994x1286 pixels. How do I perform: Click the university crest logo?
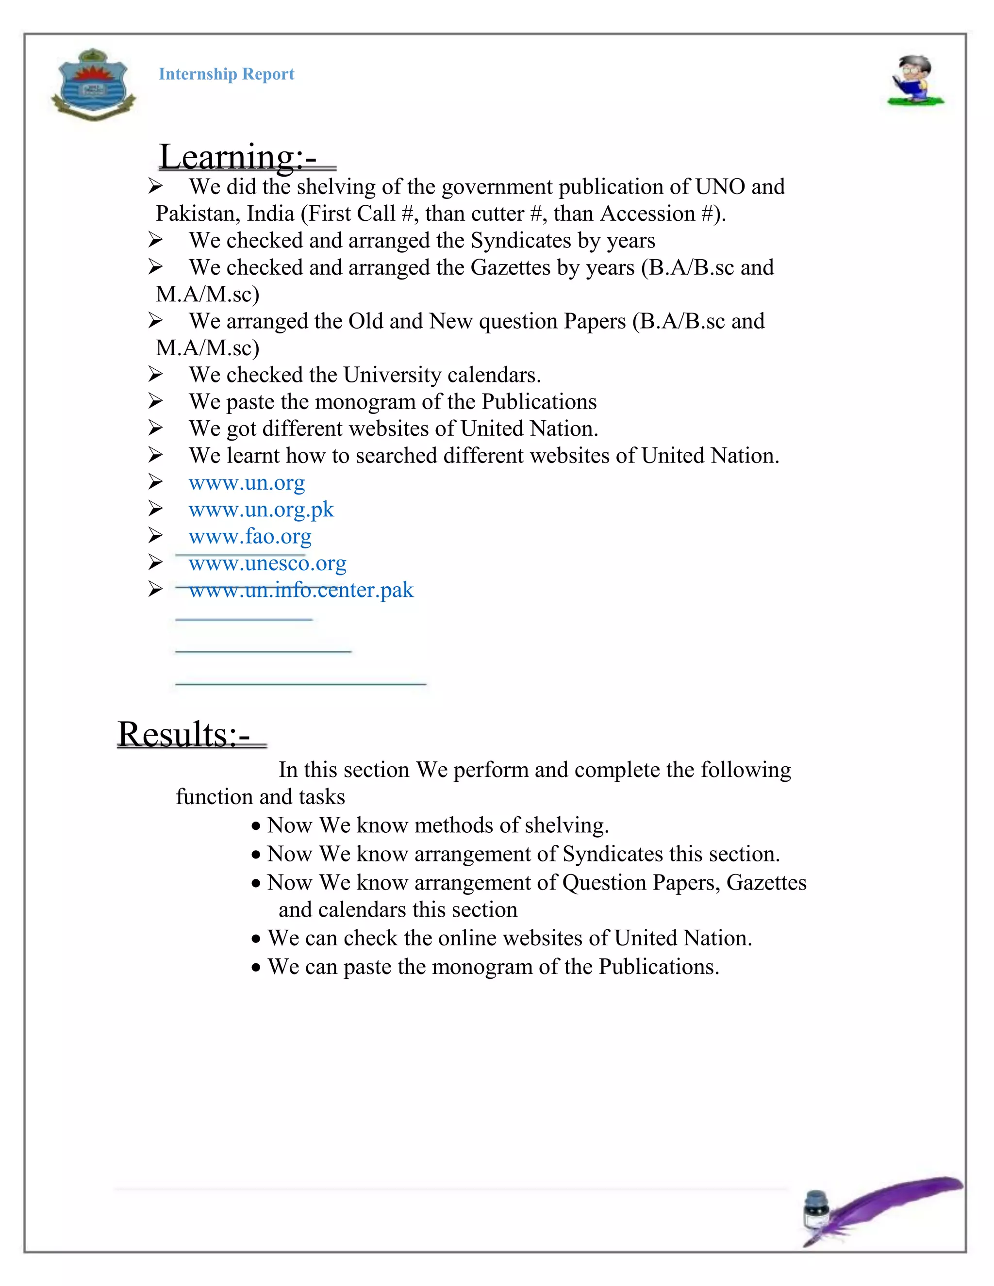93,84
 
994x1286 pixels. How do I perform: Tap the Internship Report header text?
226,74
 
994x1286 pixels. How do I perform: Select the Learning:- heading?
238,157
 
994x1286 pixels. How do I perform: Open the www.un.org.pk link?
261,510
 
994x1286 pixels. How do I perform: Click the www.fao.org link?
249,536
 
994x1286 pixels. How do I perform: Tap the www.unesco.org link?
267,563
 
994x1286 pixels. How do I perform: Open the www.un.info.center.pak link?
301,590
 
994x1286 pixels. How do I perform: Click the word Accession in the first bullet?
647,214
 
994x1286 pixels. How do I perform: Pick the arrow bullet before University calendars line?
155,375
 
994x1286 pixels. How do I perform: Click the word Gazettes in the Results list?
765,883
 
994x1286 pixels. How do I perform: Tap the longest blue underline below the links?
300,684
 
